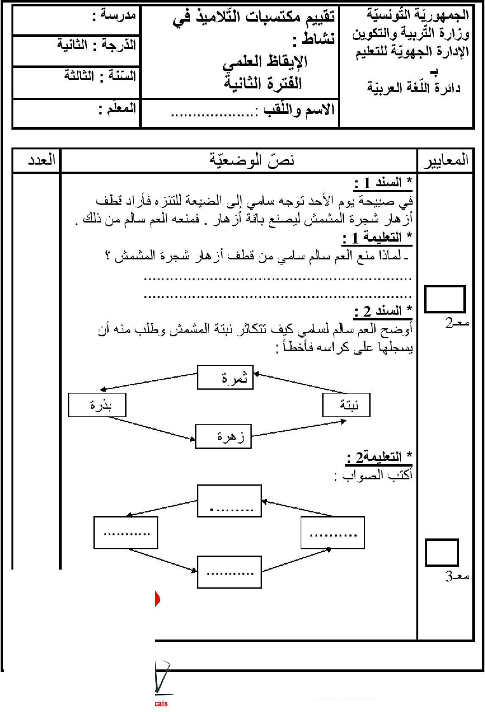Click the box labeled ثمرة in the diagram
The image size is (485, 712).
tap(226, 378)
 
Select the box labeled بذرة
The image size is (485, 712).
tap(97, 406)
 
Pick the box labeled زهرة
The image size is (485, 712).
tap(224, 437)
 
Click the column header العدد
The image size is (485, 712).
tap(36, 160)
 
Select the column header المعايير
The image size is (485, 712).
tap(446, 160)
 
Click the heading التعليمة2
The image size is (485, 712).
tap(380, 458)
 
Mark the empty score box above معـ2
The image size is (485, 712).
tap(445, 299)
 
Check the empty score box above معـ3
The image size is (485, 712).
tap(442, 553)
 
